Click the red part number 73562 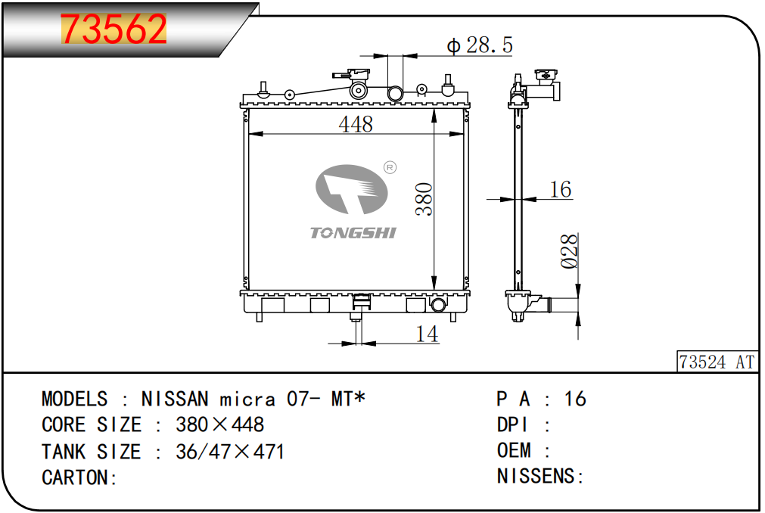[114, 29]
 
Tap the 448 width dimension [356, 124]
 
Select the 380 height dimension [424, 199]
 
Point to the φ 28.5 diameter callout [480, 45]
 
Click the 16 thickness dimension [561, 189]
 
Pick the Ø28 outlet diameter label [569, 251]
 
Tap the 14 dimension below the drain [427, 334]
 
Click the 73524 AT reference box [717, 362]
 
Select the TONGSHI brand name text [353, 232]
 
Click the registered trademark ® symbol [390, 168]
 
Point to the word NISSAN [175, 399]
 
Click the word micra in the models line [247, 400]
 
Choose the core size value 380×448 [219, 424]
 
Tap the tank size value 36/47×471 [230, 452]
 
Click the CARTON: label [79, 477]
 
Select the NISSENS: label [540, 476]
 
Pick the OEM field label [514, 450]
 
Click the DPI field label [512, 424]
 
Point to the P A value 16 [575, 399]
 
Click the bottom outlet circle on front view [438, 305]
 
